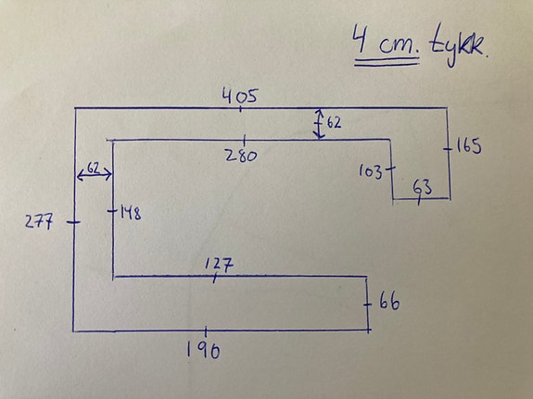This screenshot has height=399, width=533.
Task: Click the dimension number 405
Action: (x=240, y=95)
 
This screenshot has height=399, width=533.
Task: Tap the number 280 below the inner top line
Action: (x=241, y=156)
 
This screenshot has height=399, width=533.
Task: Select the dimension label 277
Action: (x=39, y=222)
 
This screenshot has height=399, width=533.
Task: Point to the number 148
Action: (x=130, y=214)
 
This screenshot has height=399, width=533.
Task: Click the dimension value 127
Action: (x=220, y=264)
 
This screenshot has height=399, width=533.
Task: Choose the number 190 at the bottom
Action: (x=203, y=351)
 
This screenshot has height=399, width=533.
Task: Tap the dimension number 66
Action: (x=389, y=302)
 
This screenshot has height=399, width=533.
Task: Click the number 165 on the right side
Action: (x=468, y=146)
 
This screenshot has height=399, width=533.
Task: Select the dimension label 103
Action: (x=370, y=172)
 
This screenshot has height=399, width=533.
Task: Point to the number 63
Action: (x=423, y=187)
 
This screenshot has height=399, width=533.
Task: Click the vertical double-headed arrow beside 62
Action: (x=319, y=124)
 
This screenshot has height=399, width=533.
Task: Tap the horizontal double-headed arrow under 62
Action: (x=95, y=175)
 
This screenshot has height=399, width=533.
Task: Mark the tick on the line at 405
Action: (x=241, y=108)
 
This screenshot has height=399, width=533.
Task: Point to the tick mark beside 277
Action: (x=74, y=222)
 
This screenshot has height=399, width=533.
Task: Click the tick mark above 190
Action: (x=206, y=331)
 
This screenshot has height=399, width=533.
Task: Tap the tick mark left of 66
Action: (x=367, y=305)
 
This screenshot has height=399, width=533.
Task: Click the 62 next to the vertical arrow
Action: (x=334, y=122)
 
